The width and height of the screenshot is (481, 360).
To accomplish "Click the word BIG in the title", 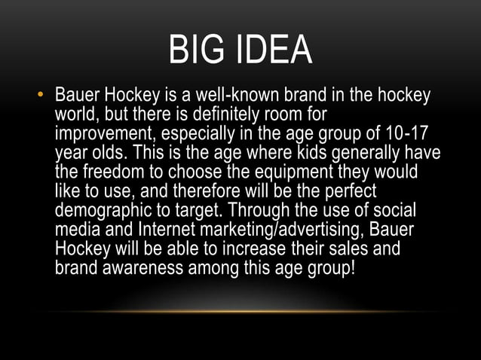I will [198, 50].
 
